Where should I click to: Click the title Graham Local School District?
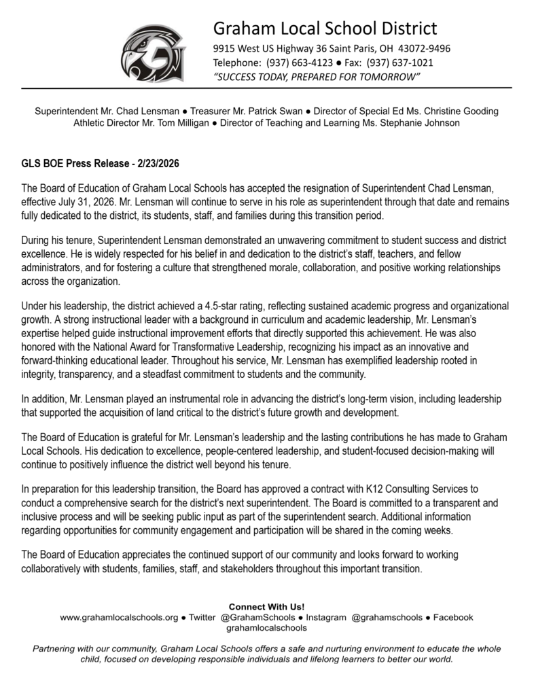(x=325, y=29)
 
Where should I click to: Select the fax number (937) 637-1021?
(x=400, y=63)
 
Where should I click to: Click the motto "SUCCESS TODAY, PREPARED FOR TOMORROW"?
(x=317, y=77)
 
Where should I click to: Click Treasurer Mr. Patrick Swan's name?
(x=258, y=111)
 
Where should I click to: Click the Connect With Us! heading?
(x=266, y=606)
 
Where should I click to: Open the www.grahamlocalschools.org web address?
(x=119, y=617)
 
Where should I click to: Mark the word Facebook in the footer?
(x=452, y=617)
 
